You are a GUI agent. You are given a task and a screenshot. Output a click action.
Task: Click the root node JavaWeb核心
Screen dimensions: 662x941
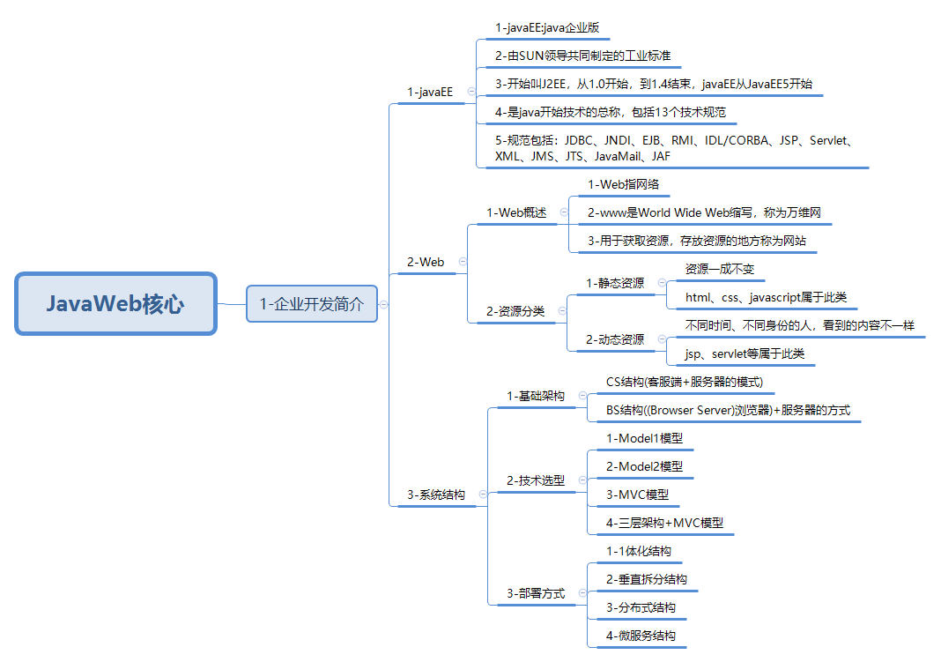[x=115, y=304]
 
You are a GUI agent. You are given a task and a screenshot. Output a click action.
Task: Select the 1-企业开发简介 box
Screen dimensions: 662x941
[x=311, y=304]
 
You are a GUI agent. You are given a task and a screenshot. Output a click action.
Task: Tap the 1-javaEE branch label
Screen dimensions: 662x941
[x=430, y=92]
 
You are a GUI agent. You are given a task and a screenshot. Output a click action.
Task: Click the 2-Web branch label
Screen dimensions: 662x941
[x=426, y=262]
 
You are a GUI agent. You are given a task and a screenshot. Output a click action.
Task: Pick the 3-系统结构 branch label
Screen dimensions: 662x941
[x=436, y=495]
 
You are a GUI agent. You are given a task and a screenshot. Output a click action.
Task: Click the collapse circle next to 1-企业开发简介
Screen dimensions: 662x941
[x=383, y=304]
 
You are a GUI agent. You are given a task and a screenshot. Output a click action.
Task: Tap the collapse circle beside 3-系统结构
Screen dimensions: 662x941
[x=483, y=495]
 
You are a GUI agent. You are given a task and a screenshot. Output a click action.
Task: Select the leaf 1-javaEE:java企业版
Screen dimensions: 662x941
[x=547, y=28]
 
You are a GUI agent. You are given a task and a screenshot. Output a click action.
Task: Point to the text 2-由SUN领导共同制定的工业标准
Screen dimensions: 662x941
[x=582, y=56]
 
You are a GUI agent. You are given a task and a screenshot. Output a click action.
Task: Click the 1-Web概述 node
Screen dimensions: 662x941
[x=516, y=212]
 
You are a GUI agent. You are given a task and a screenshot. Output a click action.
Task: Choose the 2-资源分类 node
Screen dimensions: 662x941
[x=515, y=311]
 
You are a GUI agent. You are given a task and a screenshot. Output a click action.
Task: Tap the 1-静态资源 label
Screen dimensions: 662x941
[x=615, y=283]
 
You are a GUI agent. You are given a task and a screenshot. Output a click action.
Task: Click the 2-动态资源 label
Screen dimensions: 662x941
[x=615, y=339]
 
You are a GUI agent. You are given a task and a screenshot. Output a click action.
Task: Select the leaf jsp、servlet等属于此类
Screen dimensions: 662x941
[x=745, y=353]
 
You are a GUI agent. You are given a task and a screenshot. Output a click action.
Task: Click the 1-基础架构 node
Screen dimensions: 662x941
[x=536, y=396]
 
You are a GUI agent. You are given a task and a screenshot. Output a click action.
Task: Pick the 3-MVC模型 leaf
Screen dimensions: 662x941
[x=637, y=495]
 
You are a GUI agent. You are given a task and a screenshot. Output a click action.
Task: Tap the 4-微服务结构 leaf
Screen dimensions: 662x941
[x=641, y=636]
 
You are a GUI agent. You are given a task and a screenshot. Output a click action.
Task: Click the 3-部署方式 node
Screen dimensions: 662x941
[x=536, y=593]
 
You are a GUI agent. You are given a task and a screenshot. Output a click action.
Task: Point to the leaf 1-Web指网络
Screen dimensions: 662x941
[x=623, y=184]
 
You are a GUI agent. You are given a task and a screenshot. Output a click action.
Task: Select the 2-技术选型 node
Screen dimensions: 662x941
[x=536, y=480]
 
